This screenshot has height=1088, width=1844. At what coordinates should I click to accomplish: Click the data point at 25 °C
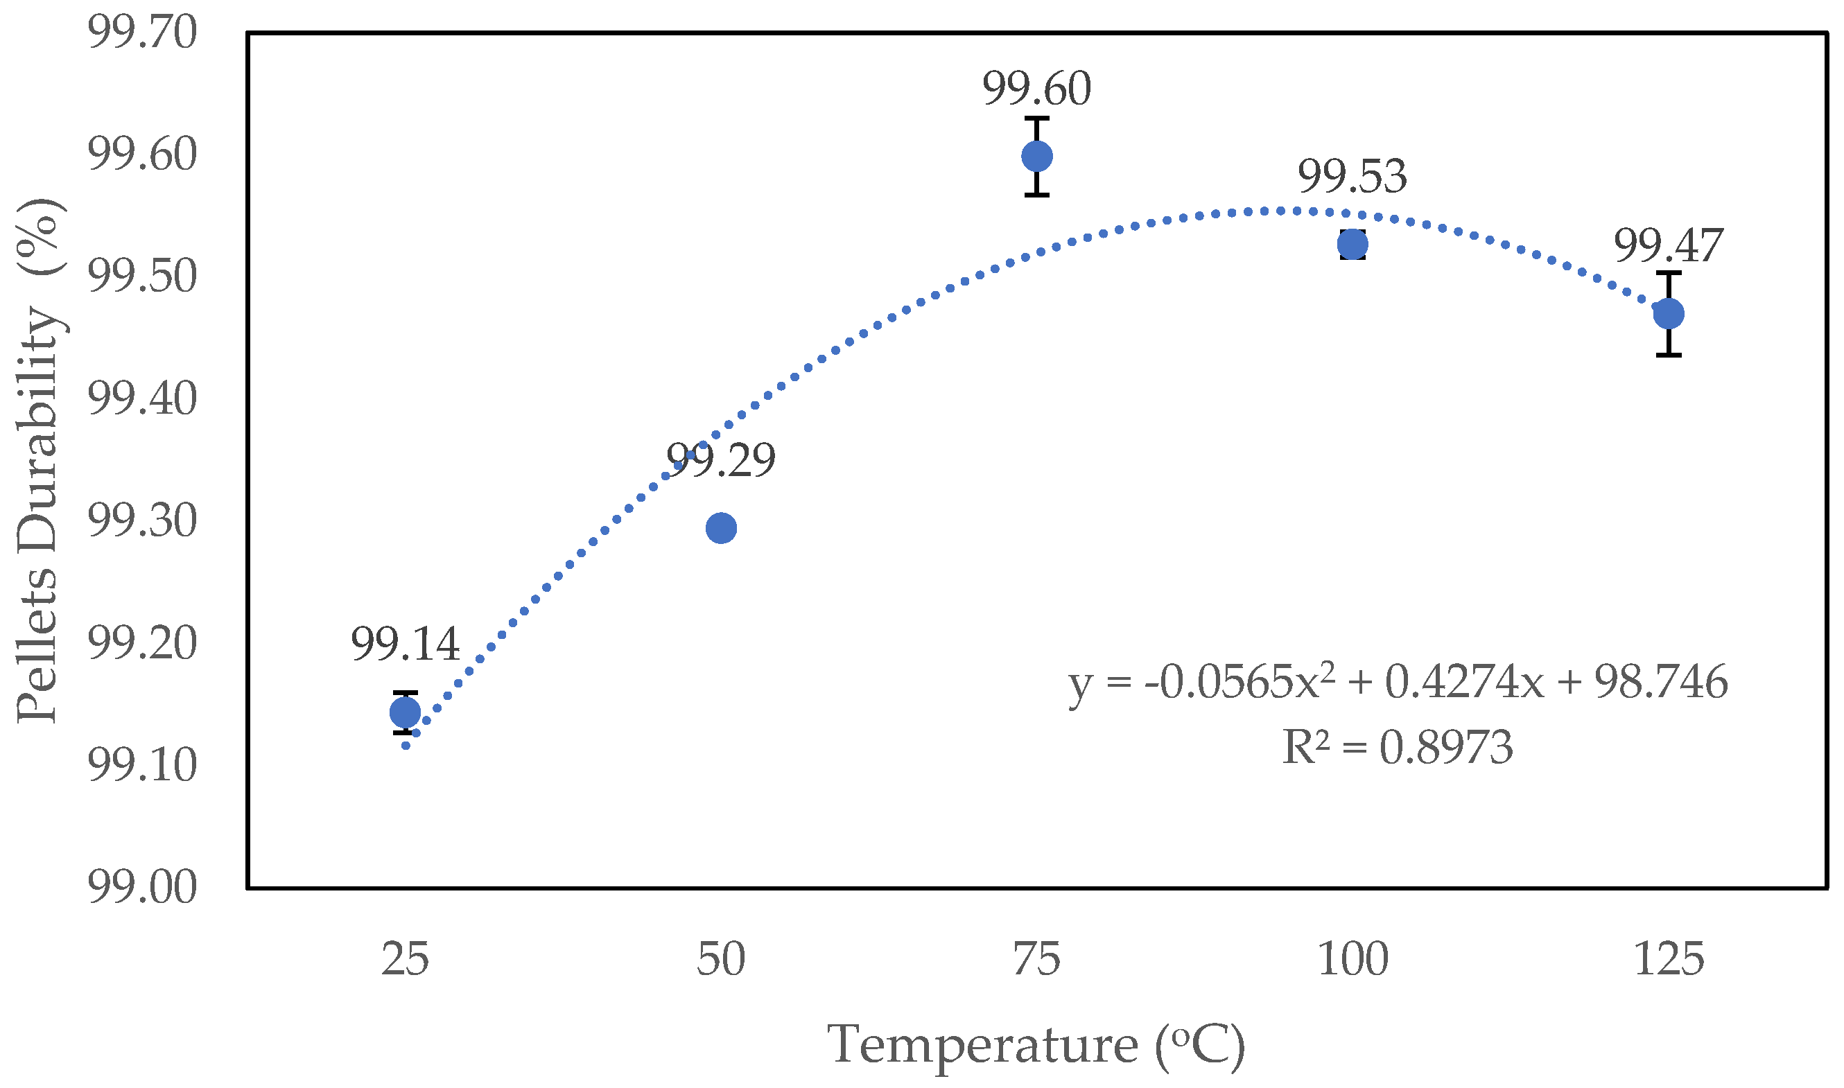click(405, 712)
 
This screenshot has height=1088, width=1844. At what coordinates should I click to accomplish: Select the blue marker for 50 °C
click(721, 528)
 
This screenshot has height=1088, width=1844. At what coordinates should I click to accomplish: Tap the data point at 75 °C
click(1037, 156)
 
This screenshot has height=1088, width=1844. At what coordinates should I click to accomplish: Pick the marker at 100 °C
click(1352, 244)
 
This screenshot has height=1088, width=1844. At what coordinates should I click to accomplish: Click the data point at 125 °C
click(1669, 314)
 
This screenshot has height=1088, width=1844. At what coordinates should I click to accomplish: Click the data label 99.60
click(1037, 89)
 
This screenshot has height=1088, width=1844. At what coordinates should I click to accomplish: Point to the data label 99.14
click(405, 644)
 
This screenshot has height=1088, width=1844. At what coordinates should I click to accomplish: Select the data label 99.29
click(721, 460)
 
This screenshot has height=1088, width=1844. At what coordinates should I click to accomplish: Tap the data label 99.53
click(1352, 176)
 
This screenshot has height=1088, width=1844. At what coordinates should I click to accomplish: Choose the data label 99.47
click(1669, 245)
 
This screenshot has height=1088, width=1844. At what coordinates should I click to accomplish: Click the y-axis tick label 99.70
click(142, 33)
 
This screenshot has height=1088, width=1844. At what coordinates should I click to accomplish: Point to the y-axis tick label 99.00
click(142, 887)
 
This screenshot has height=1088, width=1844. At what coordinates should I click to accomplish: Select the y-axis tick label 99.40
click(142, 399)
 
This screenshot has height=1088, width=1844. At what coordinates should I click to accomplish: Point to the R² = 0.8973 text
click(1398, 748)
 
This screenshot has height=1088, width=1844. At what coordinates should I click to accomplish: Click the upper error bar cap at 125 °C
click(1669, 273)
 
